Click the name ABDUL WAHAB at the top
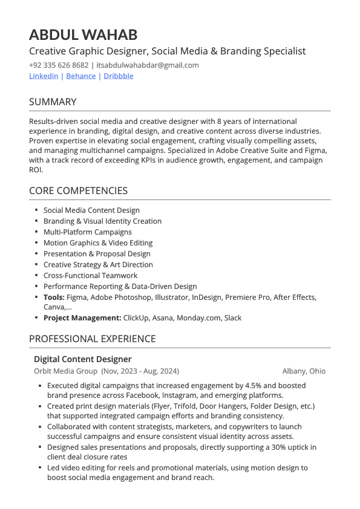pos(83,34)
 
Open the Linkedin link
pos(44,76)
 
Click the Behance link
pos(80,76)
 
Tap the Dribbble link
pos(119,76)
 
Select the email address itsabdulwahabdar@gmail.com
pos(148,65)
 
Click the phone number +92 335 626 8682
pos(59,65)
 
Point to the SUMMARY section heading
pos(53,102)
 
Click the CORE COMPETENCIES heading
pos(78,191)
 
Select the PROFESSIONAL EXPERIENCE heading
pos(92,339)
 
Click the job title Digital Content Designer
pos(82,359)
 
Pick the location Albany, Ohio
pos(303,371)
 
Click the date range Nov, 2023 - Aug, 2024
pos(140,371)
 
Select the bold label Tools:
pos(54,297)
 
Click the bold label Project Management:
pos(82,318)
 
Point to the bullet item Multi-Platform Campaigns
pos(87,232)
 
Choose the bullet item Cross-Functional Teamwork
pos(90,276)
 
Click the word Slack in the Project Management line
pos(233,318)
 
